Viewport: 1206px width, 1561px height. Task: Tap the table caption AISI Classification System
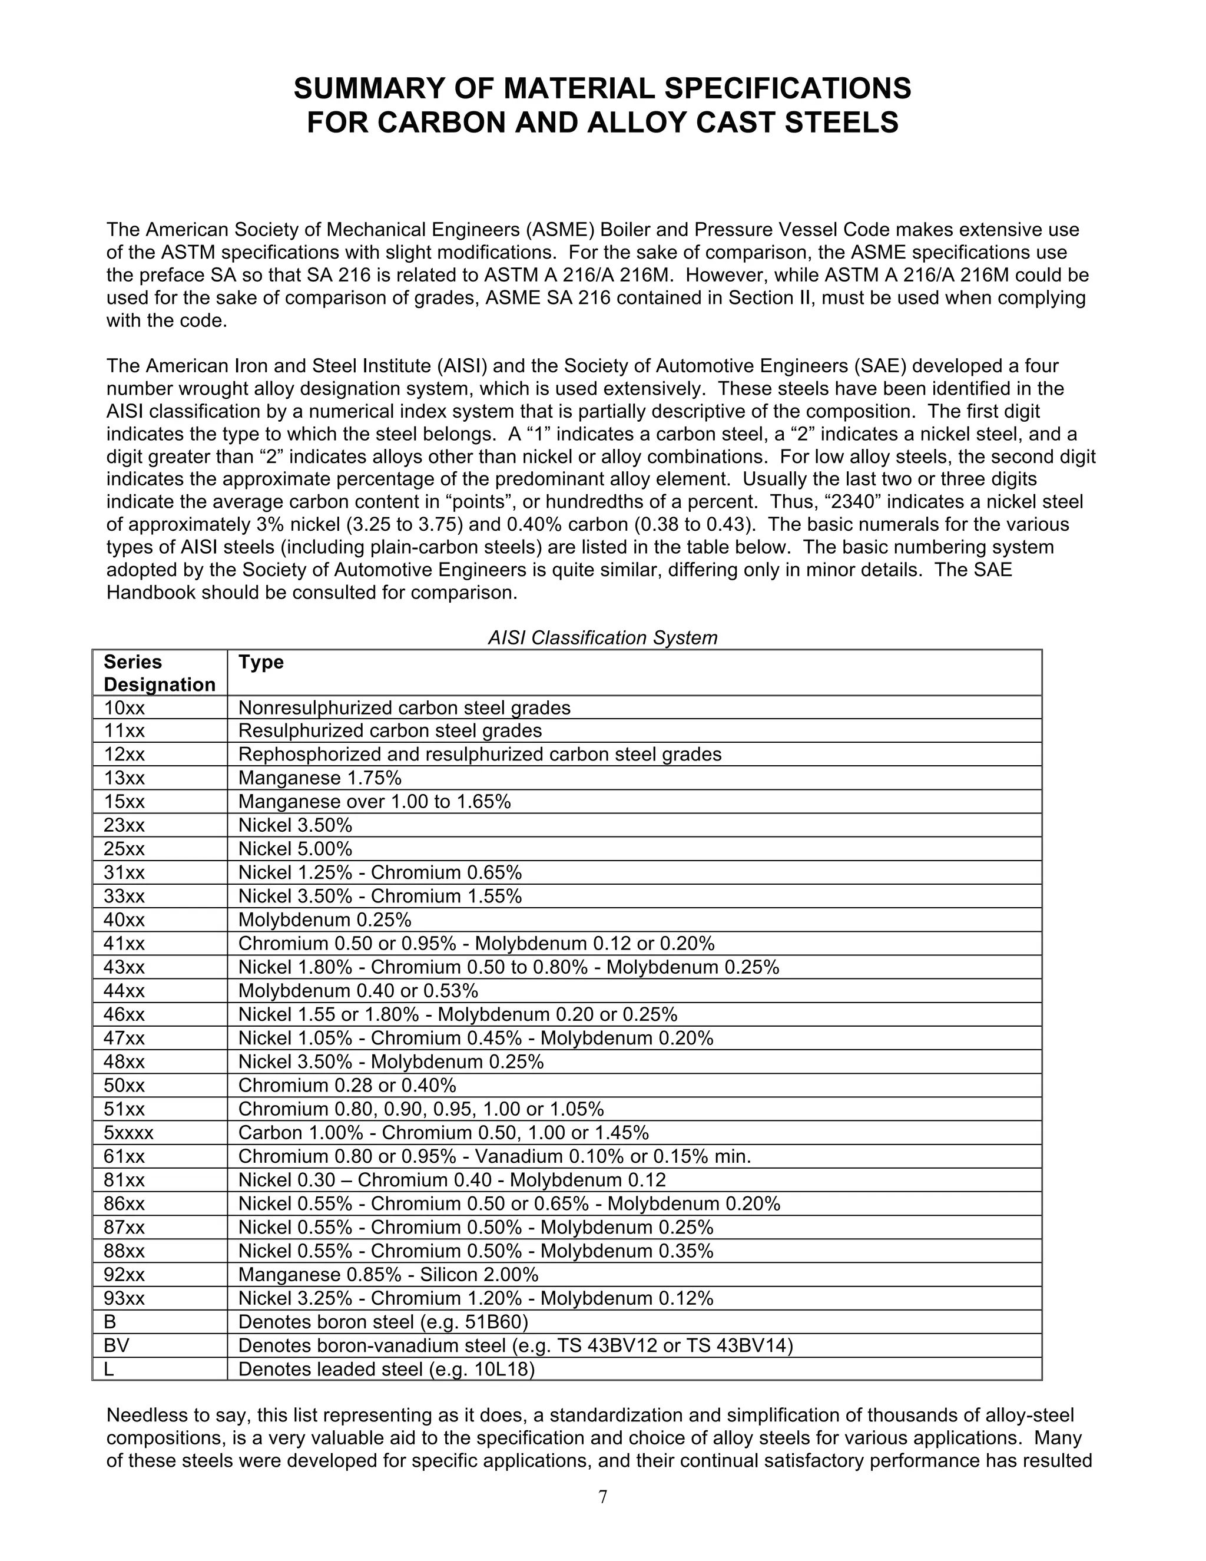click(602, 637)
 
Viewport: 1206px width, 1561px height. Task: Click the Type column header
click(261, 662)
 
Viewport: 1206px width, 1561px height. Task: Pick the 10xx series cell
click(124, 707)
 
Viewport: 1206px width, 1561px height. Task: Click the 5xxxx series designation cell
click(128, 1133)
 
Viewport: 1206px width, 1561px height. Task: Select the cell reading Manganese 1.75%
click(319, 778)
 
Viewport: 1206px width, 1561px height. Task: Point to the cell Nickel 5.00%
click(295, 849)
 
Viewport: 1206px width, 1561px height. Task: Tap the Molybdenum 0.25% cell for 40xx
click(324, 920)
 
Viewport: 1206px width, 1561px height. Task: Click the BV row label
click(117, 1346)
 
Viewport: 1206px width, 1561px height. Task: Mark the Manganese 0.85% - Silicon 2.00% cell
click(388, 1274)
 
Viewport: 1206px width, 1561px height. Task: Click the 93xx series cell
click(124, 1298)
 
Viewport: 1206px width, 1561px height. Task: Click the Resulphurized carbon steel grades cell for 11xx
click(389, 730)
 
